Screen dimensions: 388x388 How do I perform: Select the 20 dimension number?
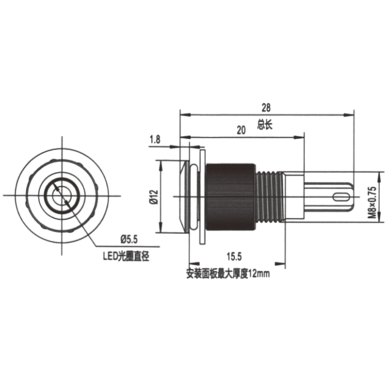click(x=241, y=129)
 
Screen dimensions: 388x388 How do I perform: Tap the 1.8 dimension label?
click(x=155, y=140)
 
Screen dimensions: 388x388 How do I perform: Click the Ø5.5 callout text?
click(x=129, y=238)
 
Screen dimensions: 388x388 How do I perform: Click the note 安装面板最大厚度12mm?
click(x=227, y=274)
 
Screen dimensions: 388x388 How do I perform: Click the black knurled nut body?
click(x=231, y=196)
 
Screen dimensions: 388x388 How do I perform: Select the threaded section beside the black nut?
click(x=269, y=196)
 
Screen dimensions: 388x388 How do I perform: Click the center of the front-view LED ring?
click(x=63, y=195)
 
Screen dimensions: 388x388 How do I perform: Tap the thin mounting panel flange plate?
click(x=202, y=196)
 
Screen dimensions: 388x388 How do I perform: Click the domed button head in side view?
click(x=185, y=196)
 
